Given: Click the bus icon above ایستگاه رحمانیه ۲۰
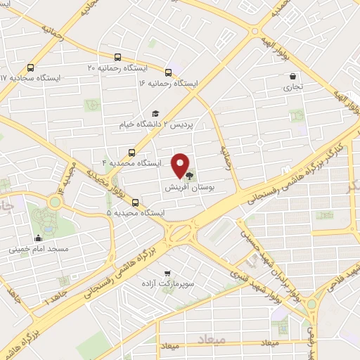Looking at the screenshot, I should point(117,58).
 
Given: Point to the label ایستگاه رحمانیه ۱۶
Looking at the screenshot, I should point(169,83).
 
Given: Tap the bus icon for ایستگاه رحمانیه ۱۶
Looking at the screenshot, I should point(169,72).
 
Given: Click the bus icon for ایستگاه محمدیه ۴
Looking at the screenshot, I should point(131,152).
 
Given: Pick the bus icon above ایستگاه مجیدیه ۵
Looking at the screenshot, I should point(135,202).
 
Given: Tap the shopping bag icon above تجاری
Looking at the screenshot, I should point(291,76).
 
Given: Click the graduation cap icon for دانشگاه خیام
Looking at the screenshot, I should point(155,114).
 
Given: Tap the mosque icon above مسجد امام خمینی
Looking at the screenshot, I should point(38,238).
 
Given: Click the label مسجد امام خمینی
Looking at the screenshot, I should point(38,249).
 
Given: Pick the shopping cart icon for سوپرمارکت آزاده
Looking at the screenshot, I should point(167,274).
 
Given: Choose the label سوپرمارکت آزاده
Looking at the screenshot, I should point(167,284).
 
